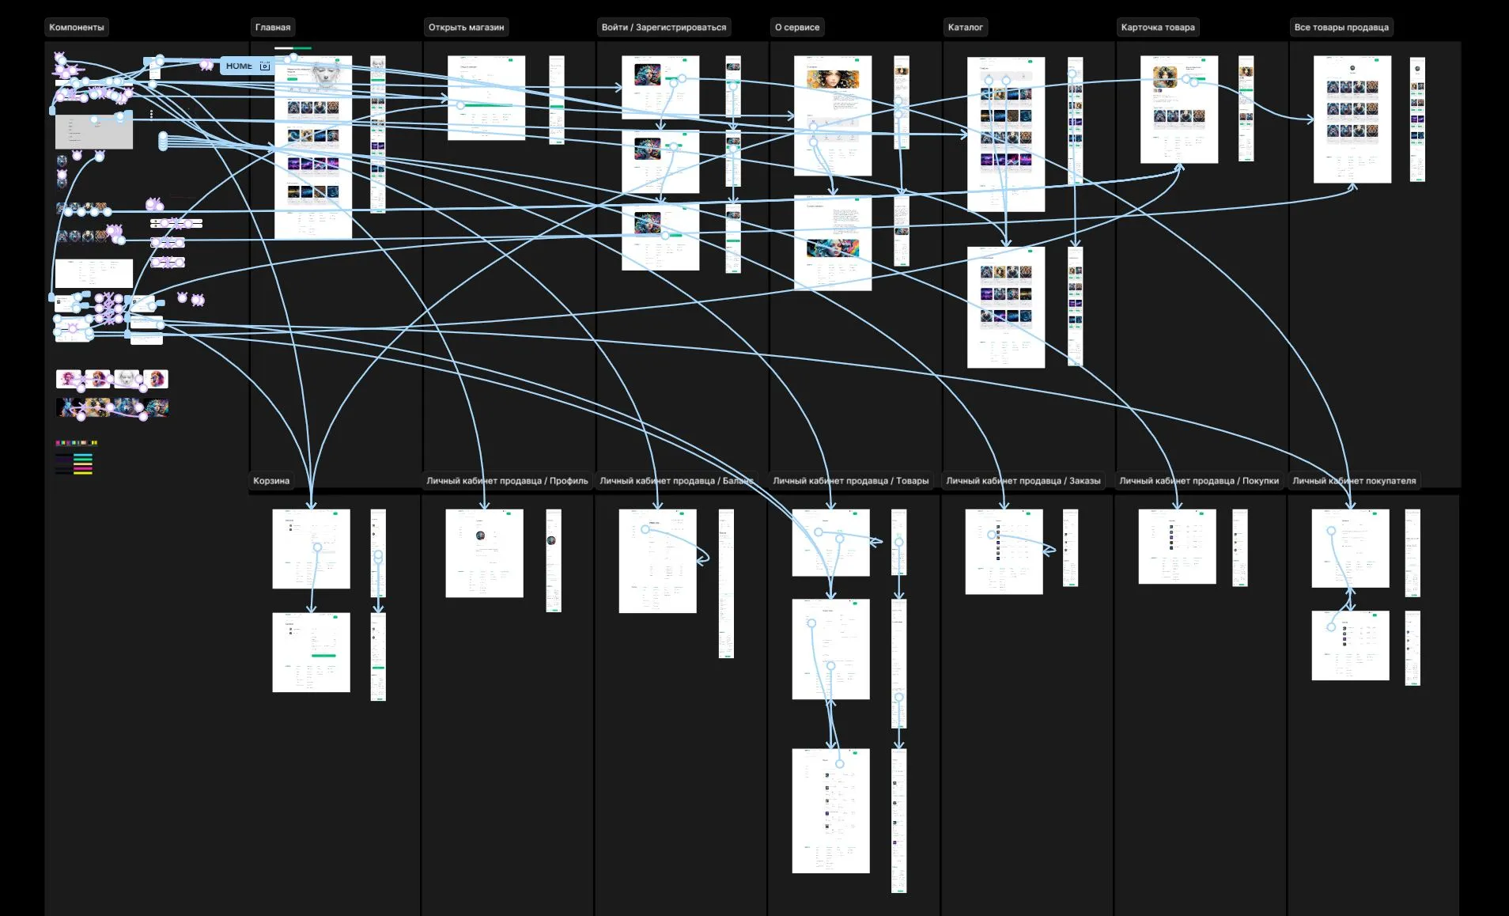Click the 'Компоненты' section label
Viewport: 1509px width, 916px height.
coord(77,28)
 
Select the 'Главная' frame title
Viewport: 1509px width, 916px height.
coord(273,28)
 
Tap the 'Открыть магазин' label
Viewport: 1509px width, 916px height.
coord(466,28)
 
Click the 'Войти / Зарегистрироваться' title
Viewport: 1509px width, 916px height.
coord(664,28)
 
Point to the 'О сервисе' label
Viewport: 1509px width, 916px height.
coord(797,28)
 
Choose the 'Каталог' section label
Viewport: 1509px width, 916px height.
coord(965,28)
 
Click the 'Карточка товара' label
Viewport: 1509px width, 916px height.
coord(1158,28)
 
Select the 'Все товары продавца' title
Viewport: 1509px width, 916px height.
coord(1341,28)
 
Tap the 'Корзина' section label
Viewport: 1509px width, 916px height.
coord(271,481)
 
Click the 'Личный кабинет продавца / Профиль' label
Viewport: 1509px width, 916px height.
coord(507,481)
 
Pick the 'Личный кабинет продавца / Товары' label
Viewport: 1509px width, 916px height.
coord(850,481)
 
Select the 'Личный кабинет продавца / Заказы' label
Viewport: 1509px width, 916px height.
coord(1023,481)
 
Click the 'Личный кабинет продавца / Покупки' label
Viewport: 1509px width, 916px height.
coord(1198,481)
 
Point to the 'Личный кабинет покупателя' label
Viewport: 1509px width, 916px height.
coord(1354,481)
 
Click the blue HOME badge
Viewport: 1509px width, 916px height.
coord(239,66)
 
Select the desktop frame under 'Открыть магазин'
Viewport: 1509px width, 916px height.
coord(486,98)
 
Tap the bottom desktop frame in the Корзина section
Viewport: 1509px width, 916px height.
coord(311,653)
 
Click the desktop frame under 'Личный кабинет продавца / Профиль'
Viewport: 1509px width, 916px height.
coord(484,553)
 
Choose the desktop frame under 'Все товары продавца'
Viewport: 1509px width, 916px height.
coord(1352,119)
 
